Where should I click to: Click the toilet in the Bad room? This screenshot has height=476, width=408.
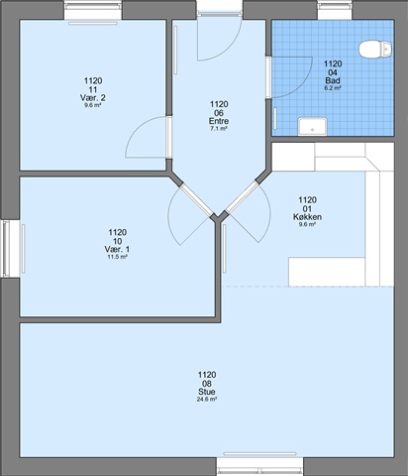[x=375, y=50]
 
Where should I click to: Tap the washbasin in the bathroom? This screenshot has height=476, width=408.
[x=312, y=127]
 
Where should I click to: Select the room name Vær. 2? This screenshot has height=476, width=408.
[x=93, y=98]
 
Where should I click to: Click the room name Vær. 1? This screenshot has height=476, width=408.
[x=117, y=249]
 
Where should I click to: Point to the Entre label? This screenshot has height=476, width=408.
[x=219, y=121]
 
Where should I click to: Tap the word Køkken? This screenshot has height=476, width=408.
[x=307, y=217]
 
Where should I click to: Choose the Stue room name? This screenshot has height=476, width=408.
[x=207, y=392]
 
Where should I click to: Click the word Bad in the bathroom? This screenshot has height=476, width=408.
[x=333, y=80]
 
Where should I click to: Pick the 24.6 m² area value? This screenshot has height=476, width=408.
[x=207, y=400]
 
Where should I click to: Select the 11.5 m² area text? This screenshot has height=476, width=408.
[x=117, y=257]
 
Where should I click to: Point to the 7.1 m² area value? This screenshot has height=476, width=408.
[x=219, y=129]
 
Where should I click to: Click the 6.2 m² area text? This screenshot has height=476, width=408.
[x=333, y=88]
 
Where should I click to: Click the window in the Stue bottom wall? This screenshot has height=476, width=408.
[x=260, y=466]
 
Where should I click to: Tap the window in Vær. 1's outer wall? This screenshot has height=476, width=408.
[x=9, y=249]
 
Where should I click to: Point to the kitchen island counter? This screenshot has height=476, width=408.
[x=327, y=272]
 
